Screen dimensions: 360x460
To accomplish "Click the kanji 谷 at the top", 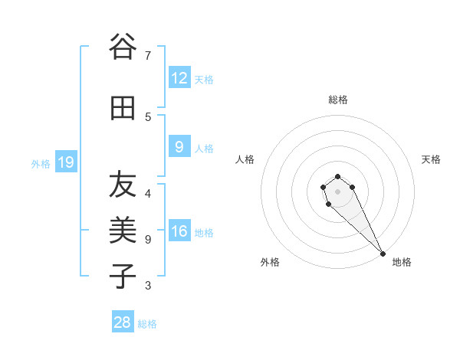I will (122, 47).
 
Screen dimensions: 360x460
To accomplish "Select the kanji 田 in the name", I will (122, 109).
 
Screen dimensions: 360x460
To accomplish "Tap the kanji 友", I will (122, 184).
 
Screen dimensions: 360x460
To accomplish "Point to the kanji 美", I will (122, 229).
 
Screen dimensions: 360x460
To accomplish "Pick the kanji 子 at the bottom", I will (122, 275).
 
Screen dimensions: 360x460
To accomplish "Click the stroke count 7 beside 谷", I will (147, 56).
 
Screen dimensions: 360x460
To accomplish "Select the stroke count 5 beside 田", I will (147, 116).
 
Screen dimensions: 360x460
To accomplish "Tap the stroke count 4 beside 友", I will (147, 193).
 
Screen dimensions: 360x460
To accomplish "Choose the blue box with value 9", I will (179, 147).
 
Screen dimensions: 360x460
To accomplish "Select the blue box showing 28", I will (123, 322).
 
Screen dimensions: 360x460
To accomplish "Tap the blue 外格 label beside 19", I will (41, 163).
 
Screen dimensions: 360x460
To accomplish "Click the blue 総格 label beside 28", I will (147, 324).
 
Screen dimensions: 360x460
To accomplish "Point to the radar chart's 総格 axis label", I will (338, 100).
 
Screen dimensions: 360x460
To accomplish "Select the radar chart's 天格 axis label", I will (431, 159).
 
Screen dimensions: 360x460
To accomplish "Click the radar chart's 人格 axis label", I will (245, 159).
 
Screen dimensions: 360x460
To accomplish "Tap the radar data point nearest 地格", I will (383, 254).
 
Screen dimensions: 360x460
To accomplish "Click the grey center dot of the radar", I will (337, 191).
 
